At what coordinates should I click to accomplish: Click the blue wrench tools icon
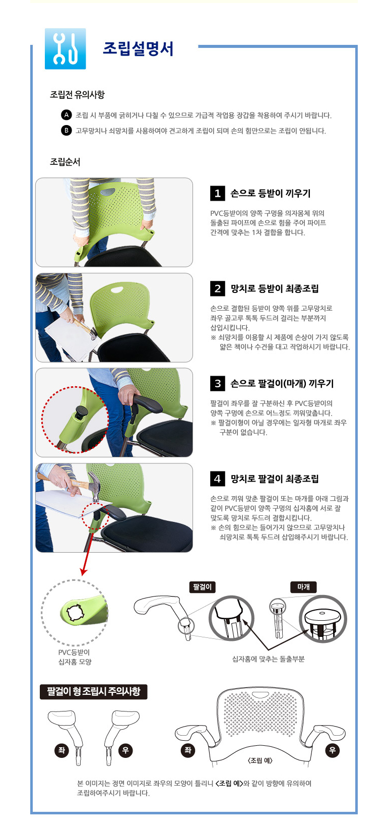pos(66,48)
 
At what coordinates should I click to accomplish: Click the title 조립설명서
pos(138,48)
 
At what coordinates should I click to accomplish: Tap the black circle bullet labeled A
pos(66,115)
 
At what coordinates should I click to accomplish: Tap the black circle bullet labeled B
pos(66,131)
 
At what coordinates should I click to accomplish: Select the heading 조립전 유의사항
pos(77,95)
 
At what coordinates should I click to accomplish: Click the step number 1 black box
pos(218,193)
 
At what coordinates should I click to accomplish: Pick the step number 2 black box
pos(218,288)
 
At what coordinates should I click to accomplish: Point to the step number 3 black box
pos(218,383)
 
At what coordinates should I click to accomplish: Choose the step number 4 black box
pos(218,479)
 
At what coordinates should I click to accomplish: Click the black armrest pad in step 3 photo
pos(148,404)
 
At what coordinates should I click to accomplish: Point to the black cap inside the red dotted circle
pos(81,411)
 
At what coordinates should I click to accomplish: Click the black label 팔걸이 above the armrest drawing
pos(203,587)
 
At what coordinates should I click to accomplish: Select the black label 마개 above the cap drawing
pos(304,587)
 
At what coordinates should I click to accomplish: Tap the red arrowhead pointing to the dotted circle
pos(84,571)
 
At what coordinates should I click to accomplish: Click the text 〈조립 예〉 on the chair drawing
pos(260,760)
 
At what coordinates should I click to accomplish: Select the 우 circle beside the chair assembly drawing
pos(332,750)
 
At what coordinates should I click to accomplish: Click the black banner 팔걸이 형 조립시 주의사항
pos(94,692)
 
